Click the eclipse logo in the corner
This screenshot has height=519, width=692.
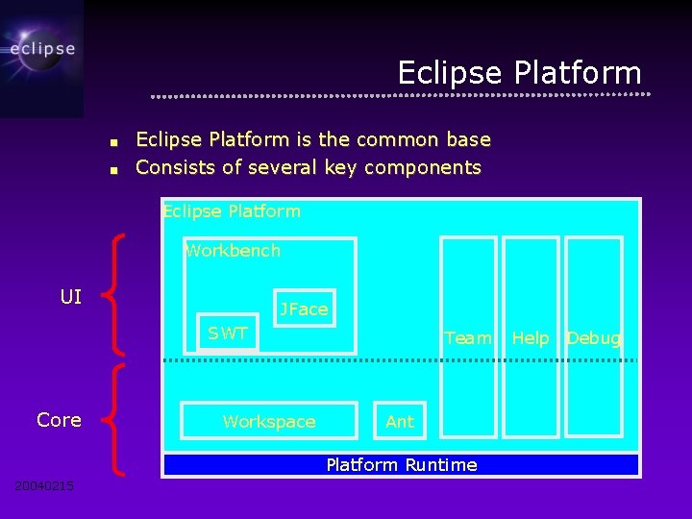tap(41, 48)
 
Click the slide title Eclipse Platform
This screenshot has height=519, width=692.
tap(519, 73)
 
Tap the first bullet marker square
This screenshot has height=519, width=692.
tap(113, 142)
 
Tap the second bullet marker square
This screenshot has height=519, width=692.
tap(113, 170)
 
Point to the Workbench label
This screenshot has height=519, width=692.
tap(233, 251)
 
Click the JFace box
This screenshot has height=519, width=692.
tap(304, 309)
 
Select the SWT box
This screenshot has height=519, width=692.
tap(228, 334)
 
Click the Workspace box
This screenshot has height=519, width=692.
tap(269, 421)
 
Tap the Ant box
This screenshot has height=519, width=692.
tap(400, 421)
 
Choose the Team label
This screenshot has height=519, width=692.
tap(468, 337)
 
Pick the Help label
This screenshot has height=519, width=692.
tap(531, 337)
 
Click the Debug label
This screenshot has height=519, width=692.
tap(594, 337)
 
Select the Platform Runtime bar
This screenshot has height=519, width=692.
tap(401, 465)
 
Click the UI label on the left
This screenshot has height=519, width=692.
tap(71, 297)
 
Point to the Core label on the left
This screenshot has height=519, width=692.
tap(59, 420)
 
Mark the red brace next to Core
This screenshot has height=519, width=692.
tap(111, 417)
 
